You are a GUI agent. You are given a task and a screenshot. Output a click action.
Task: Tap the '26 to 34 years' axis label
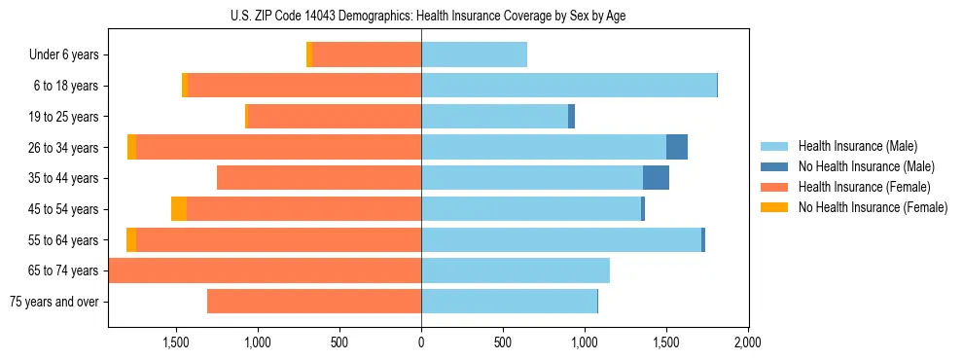coord(64,148)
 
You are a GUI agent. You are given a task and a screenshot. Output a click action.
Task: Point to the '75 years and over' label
coord(54,302)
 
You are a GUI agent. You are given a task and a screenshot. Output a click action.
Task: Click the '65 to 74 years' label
coord(64,270)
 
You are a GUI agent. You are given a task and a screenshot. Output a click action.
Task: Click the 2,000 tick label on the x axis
coord(747,342)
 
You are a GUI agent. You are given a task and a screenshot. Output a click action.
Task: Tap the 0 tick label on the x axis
coord(421,342)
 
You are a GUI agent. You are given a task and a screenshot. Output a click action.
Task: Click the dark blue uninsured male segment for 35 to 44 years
coord(656,178)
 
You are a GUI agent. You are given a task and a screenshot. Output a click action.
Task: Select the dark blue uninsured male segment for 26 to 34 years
coord(677,147)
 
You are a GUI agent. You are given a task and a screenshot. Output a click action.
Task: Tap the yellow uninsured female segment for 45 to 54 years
coord(179,209)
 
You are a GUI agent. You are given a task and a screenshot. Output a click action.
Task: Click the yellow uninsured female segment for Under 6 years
coord(309,55)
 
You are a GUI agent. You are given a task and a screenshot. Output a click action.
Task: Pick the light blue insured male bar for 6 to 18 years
coord(569,86)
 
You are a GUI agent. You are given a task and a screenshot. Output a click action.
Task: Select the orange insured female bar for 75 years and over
coord(314,302)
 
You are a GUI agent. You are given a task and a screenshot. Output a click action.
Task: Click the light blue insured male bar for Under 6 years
coord(474,55)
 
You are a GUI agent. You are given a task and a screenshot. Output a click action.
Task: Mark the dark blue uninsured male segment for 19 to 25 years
coord(572,117)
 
